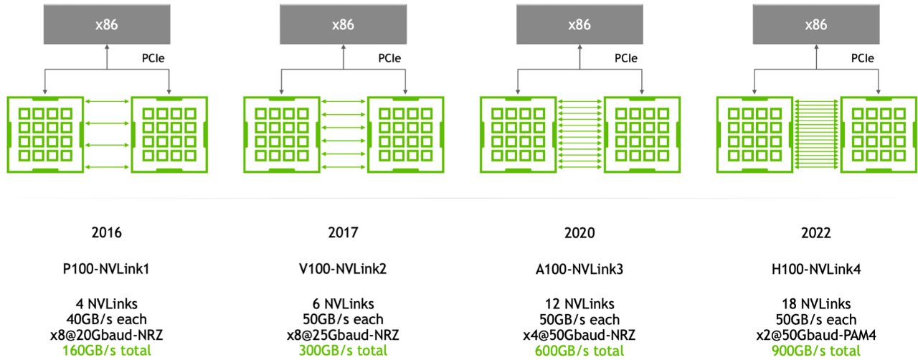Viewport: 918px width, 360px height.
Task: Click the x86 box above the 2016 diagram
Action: [107, 24]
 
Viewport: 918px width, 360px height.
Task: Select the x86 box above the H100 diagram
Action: [816, 24]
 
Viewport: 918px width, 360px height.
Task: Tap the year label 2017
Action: [343, 233]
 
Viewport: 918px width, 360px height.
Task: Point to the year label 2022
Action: [816, 233]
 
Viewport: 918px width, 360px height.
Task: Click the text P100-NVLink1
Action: [106, 269]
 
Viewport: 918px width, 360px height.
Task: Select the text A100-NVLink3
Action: [579, 269]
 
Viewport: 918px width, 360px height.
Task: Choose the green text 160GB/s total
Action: [107, 351]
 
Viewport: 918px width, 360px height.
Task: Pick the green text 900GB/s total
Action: [816, 351]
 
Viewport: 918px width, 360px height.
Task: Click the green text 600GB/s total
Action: [579, 351]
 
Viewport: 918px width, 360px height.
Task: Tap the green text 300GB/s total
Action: [343, 351]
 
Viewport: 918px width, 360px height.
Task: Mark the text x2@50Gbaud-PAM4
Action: [816, 335]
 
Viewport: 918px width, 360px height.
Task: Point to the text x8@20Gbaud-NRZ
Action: [107, 335]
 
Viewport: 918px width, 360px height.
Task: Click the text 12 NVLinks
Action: [579, 304]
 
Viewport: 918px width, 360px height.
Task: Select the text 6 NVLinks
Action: [343, 304]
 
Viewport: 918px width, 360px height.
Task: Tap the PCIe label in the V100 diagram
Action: [389, 58]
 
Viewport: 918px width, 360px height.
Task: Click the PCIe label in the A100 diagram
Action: [626, 58]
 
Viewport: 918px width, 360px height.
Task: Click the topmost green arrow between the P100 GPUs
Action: [107, 101]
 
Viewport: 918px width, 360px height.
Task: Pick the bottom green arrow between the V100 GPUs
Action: [344, 167]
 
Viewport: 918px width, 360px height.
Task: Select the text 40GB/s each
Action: [107, 319]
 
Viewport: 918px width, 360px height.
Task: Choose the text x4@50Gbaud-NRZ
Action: [579, 335]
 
